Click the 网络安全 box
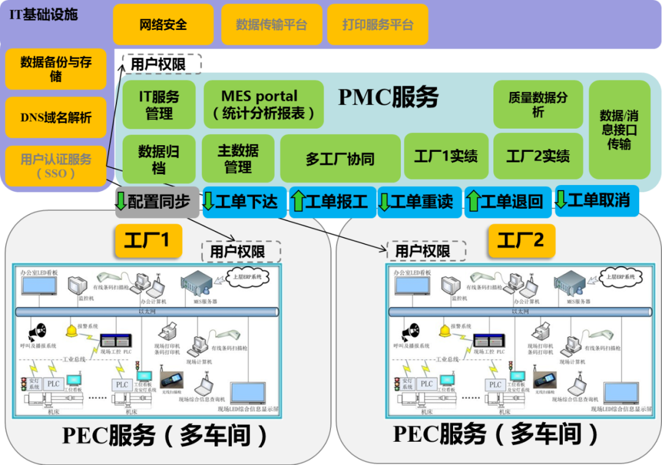[163, 25]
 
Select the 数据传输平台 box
[271, 25]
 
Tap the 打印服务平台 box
[378, 25]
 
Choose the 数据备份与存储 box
[56, 69]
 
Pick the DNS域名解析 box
[56, 118]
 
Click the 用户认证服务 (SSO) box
[56, 166]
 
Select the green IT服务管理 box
[159, 105]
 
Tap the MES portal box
[264, 105]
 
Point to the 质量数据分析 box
[538, 105]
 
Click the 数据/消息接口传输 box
[618, 129]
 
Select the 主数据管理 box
[238, 159]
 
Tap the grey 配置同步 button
[158, 202]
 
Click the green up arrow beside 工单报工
[299, 202]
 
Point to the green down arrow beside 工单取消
[560, 200]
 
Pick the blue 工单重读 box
[420, 202]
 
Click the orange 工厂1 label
[148, 240]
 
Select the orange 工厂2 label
[521, 240]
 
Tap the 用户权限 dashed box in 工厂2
[426, 251]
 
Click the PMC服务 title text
[388, 97]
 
